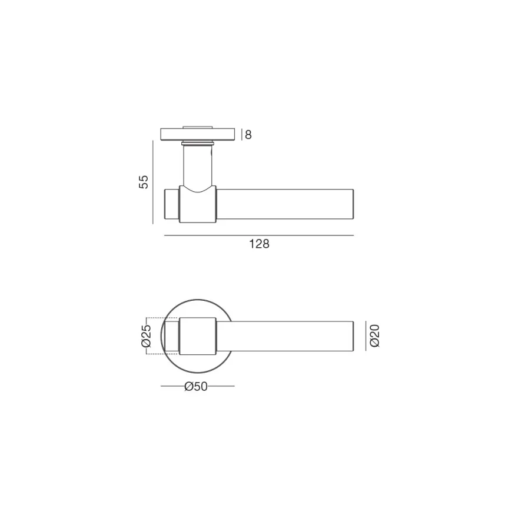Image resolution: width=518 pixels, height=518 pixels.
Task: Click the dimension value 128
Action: coord(259,244)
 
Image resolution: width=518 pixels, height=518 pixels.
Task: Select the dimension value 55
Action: coord(144,182)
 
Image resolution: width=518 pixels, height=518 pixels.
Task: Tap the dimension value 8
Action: coord(248,135)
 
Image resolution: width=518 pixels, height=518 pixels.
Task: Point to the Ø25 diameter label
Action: coord(146,336)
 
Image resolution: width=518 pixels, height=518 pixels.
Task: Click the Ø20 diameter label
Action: coord(374,336)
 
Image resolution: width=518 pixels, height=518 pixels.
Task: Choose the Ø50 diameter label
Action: coord(196,386)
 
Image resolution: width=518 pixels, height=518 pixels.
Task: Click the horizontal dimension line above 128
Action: coord(259,235)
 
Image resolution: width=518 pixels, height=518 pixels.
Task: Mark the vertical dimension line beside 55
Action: coord(153,182)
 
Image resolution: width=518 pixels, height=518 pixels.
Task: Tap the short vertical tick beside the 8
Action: coord(242,134)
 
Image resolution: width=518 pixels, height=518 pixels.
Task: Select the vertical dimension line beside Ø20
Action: coord(366,336)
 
